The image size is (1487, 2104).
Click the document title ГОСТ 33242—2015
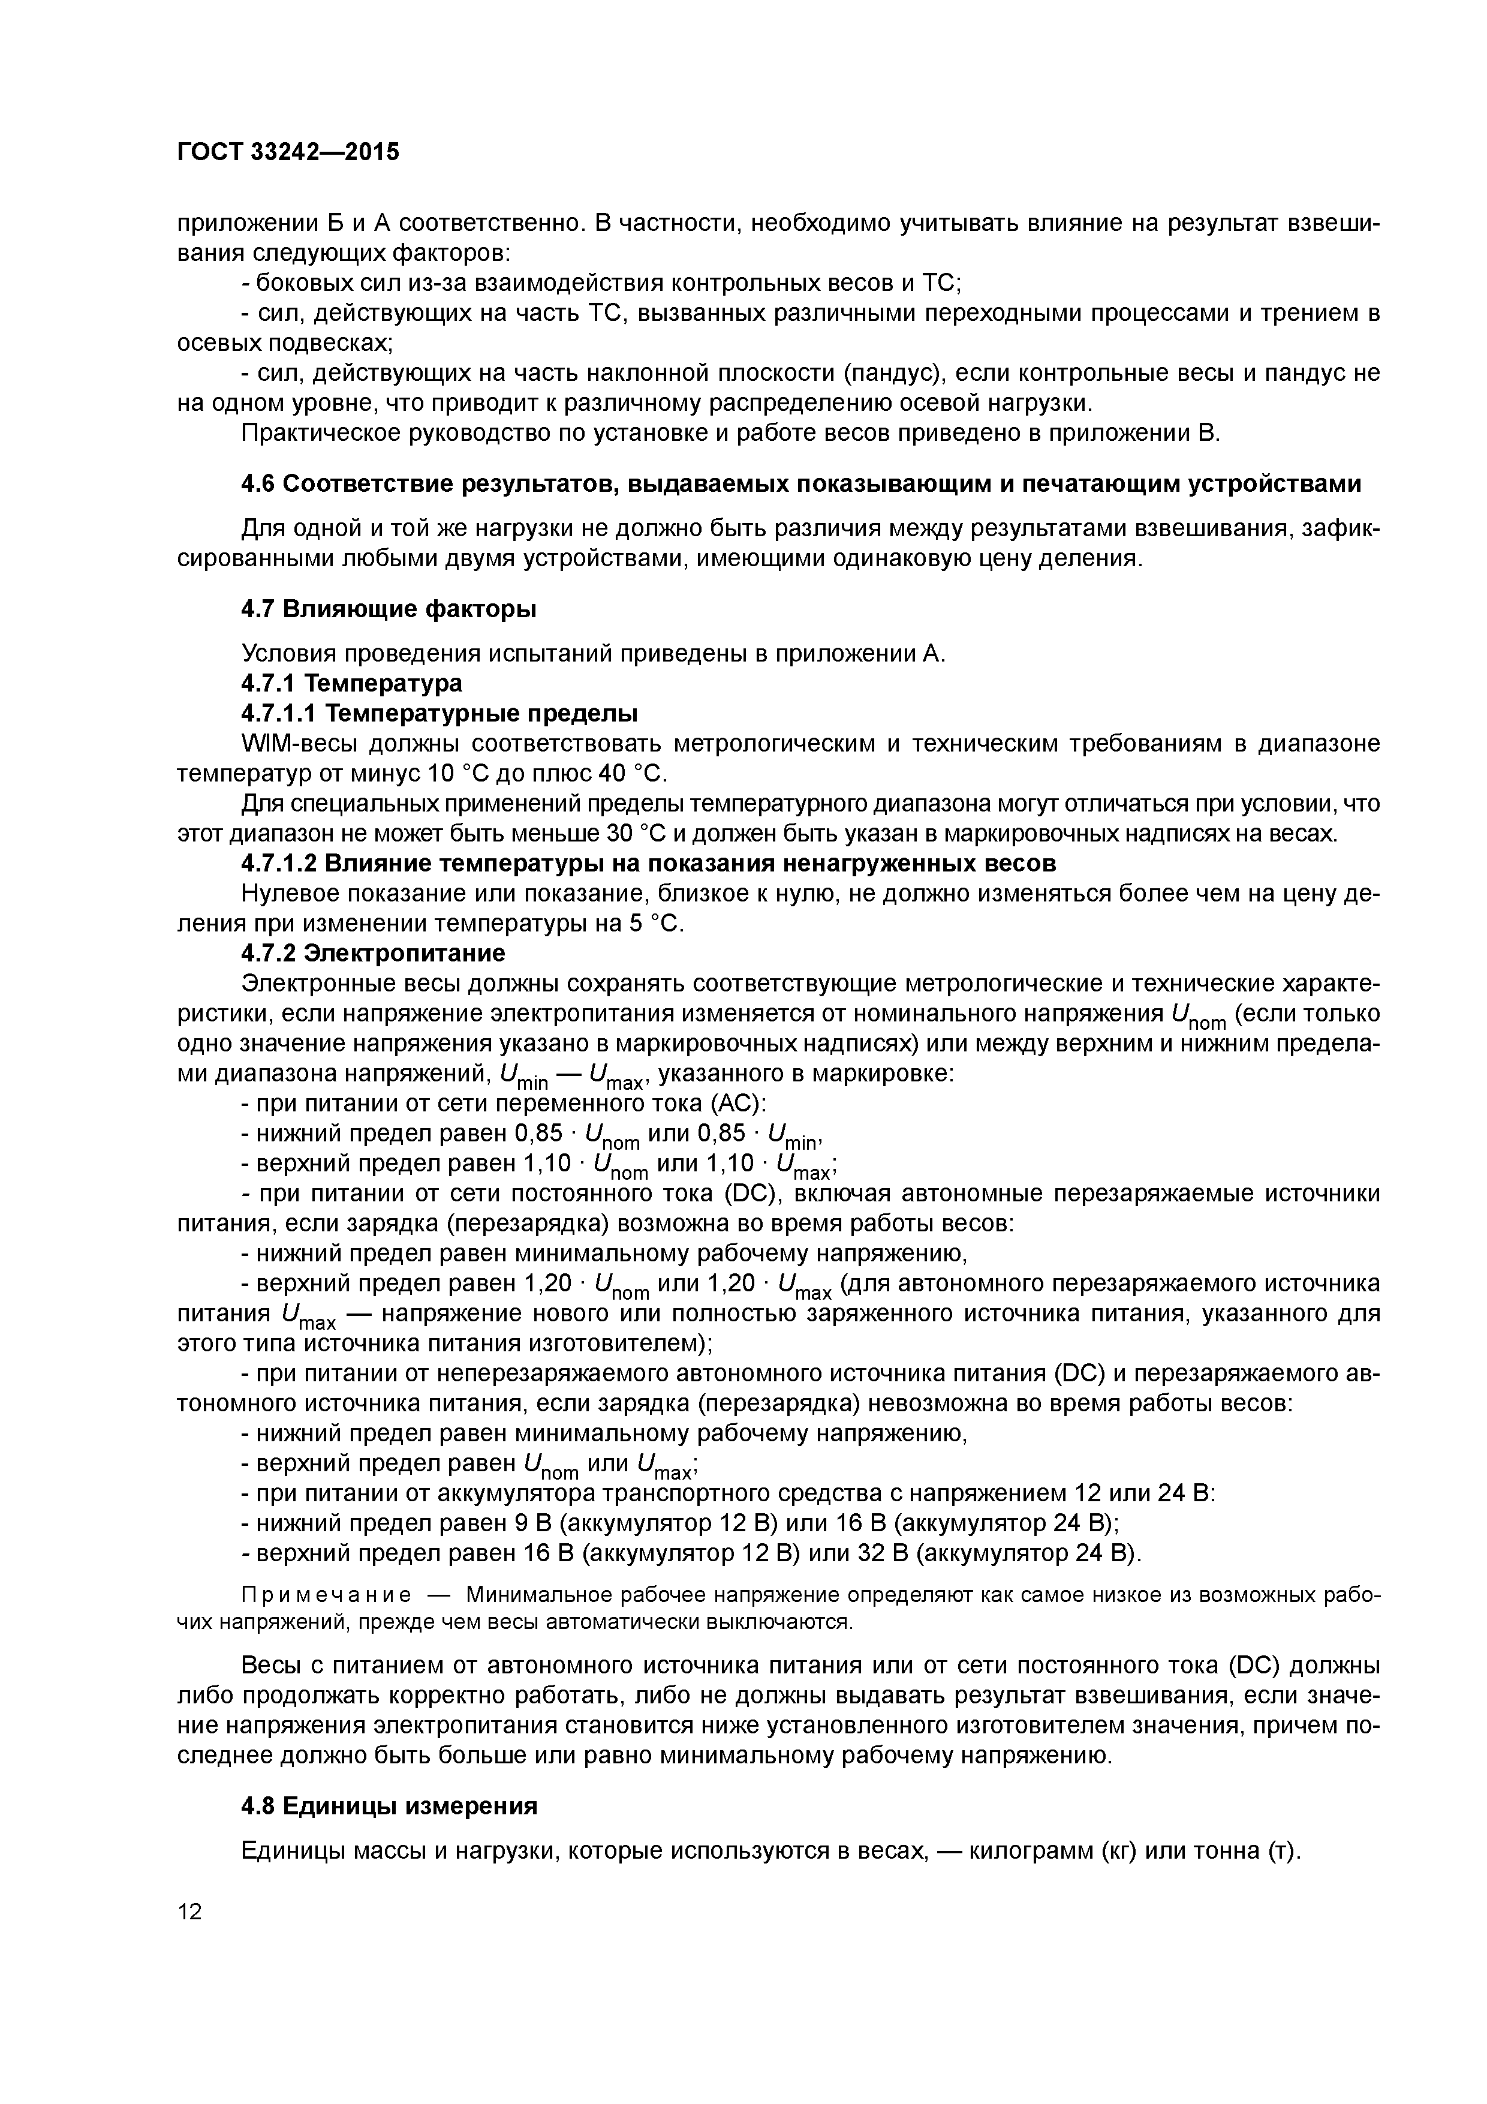(288, 152)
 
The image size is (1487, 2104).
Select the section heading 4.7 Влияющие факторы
(389, 609)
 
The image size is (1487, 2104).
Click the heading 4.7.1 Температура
(351, 684)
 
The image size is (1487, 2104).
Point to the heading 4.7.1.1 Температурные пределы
(439, 713)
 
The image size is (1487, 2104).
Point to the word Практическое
(319, 432)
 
